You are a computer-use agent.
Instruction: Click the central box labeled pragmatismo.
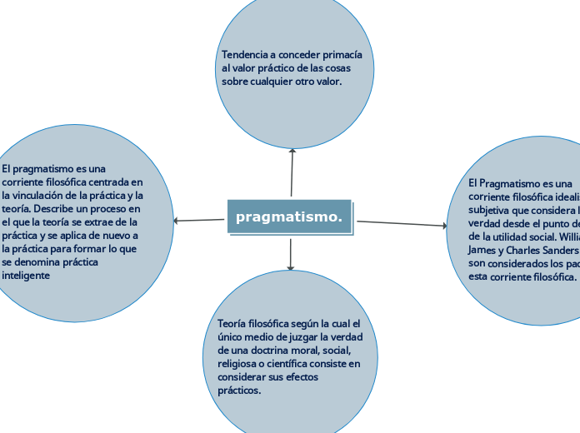pos(289,217)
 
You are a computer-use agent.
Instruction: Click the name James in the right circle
pos(483,250)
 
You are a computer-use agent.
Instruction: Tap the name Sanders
pos(559,250)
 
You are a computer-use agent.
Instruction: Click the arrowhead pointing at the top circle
pos(292,151)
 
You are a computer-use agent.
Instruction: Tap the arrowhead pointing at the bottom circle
pos(290,267)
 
